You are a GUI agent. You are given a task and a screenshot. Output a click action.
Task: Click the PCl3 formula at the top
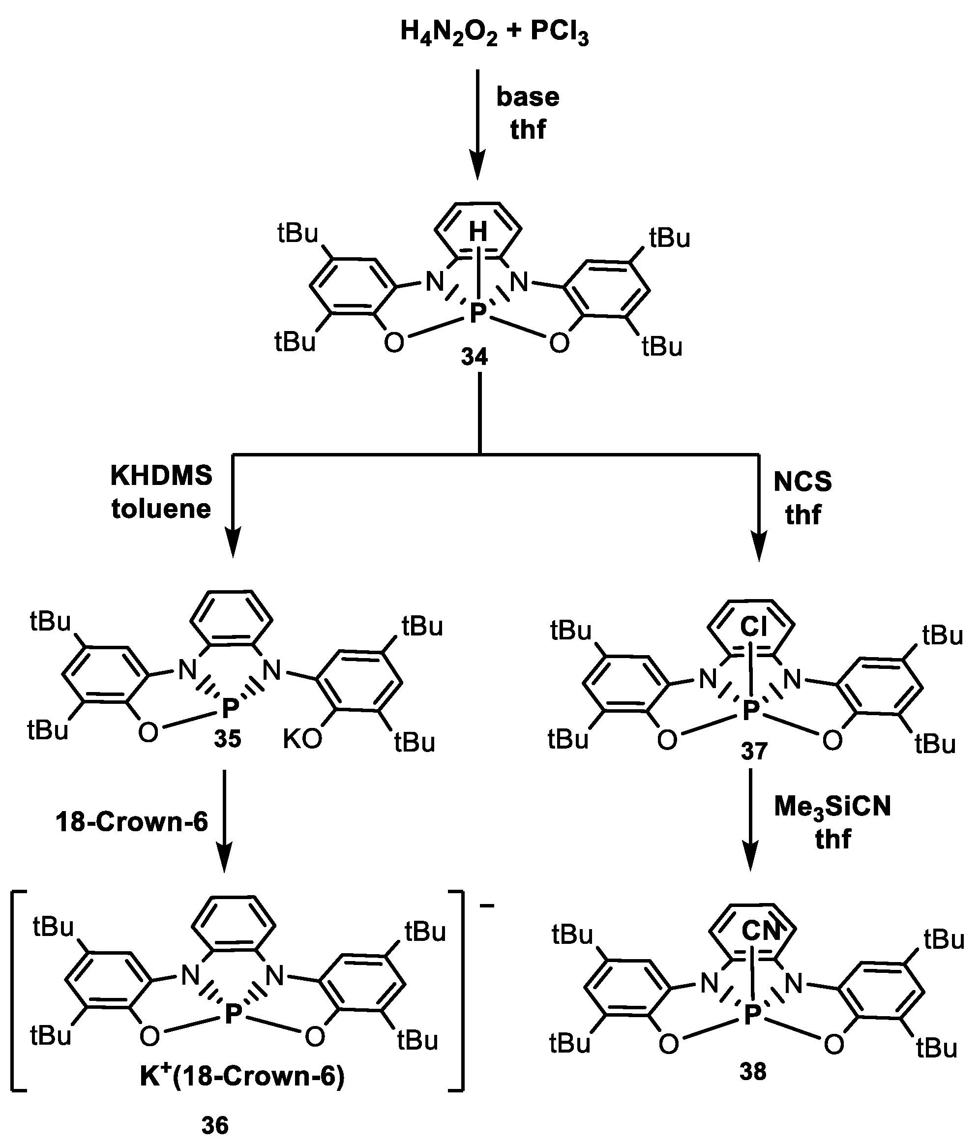[x=559, y=32]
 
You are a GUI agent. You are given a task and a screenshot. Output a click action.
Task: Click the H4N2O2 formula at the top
[x=448, y=32]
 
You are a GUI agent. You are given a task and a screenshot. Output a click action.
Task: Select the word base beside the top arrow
[x=528, y=97]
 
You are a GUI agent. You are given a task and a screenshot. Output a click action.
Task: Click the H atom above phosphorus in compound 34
[x=478, y=232]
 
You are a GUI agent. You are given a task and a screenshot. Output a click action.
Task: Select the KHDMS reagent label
[x=161, y=476]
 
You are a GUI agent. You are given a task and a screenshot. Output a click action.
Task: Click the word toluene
[x=161, y=509]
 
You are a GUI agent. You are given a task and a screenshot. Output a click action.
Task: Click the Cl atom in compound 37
[x=753, y=627]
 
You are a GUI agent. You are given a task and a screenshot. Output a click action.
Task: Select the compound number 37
[x=754, y=752]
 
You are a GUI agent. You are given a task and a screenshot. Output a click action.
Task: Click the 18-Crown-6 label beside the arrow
[x=132, y=822]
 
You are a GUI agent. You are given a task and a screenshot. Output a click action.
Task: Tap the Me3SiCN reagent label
[x=832, y=807]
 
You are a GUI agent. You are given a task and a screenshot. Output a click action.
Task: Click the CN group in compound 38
[x=760, y=932]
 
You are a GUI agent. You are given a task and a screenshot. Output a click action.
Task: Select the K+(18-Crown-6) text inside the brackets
[x=242, y=1076]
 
